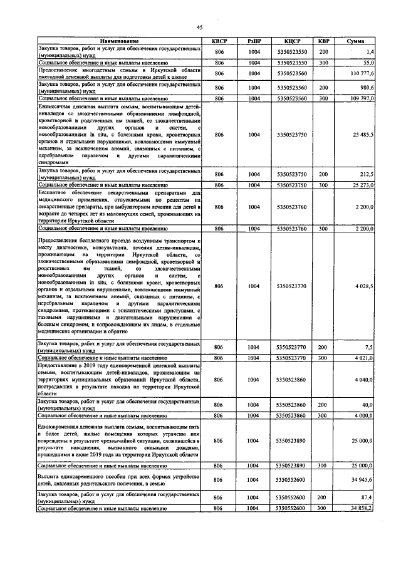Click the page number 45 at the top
tap(200, 27)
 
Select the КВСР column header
tap(219, 41)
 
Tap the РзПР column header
tap(254, 41)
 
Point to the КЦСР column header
tap(291, 41)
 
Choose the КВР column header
tap(323, 41)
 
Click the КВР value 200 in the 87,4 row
tap(323, 497)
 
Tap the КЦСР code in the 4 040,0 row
tap(291, 380)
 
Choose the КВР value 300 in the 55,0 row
tap(323, 63)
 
